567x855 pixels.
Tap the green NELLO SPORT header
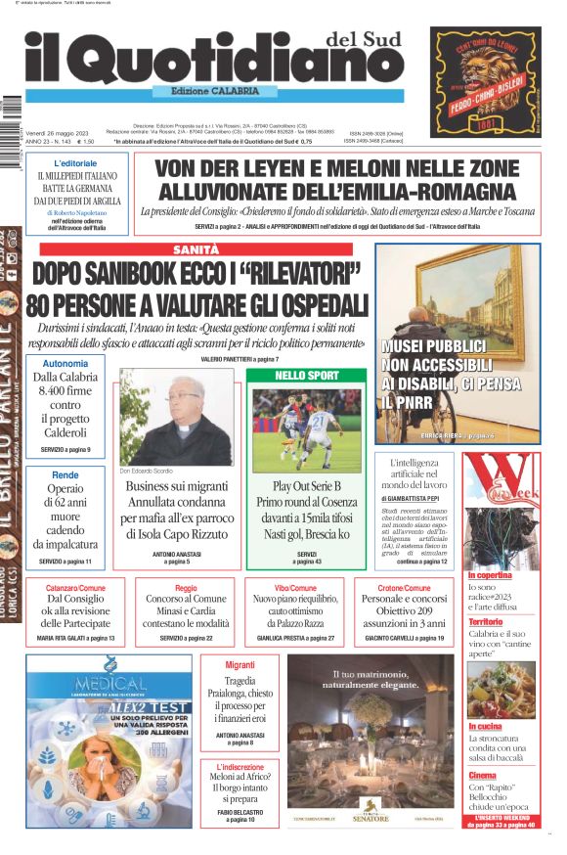click(307, 376)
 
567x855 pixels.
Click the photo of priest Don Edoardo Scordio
click(177, 416)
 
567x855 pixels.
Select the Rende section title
click(65, 474)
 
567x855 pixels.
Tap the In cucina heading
click(485, 727)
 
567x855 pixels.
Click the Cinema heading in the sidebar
click(482, 775)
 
